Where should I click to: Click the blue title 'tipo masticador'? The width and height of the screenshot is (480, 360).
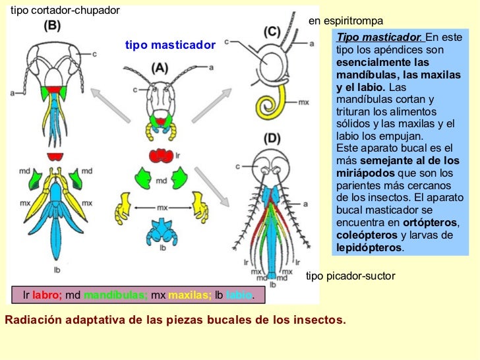tap(170, 45)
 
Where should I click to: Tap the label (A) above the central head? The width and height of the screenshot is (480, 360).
tap(159, 67)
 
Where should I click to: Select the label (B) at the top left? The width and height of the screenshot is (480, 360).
tap(52, 26)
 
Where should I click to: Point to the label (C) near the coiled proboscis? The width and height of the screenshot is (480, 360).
tap(272, 32)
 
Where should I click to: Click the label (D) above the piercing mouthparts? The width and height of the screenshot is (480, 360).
tap(272, 138)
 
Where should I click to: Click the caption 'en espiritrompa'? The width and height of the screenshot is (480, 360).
tap(345, 21)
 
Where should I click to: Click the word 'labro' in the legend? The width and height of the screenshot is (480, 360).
tap(47, 295)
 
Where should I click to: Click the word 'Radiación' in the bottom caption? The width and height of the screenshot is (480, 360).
tap(30, 320)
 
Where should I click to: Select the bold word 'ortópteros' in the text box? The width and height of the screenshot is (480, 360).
tap(429, 223)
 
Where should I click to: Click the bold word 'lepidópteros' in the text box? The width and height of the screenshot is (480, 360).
tap(368, 248)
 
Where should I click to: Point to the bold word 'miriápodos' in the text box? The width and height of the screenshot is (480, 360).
tap(362, 173)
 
